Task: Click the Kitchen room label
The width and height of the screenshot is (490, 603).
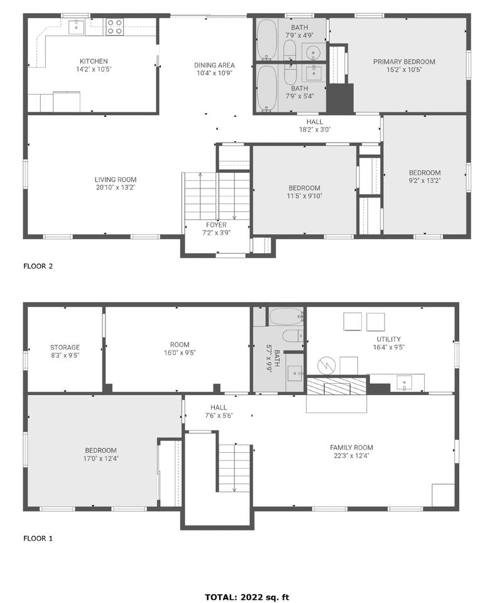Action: (x=94, y=61)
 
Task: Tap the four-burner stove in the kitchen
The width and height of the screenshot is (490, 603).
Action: (x=114, y=27)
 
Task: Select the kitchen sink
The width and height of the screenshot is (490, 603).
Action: (x=77, y=27)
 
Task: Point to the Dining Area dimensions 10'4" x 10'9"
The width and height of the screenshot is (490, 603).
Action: (x=214, y=73)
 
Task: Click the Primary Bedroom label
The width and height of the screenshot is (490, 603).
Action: (x=404, y=62)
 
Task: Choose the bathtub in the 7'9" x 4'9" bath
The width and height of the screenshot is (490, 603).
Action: (x=266, y=40)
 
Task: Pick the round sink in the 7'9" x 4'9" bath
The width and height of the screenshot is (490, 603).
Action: (x=314, y=52)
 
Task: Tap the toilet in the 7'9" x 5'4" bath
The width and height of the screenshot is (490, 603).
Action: (x=290, y=74)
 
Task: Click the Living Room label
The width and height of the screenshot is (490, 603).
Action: (x=116, y=180)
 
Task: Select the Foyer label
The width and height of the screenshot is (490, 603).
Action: (x=216, y=225)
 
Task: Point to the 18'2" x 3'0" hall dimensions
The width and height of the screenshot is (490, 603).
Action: (x=315, y=129)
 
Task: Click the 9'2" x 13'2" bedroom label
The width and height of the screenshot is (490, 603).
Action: (x=425, y=173)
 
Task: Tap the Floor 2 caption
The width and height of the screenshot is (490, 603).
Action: (x=38, y=266)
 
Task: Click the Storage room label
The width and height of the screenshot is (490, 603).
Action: (x=65, y=347)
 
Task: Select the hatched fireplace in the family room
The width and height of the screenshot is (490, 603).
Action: (x=337, y=386)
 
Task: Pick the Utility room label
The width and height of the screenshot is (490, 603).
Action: (x=388, y=339)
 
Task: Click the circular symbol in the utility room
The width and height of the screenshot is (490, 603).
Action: (x=327, y=366)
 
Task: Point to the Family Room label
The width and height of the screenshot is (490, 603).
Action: (x=352, y=448)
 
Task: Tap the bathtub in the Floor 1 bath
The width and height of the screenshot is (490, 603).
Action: (x=286, y=317)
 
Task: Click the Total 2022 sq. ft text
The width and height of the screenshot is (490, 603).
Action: (x=246, y=597)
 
